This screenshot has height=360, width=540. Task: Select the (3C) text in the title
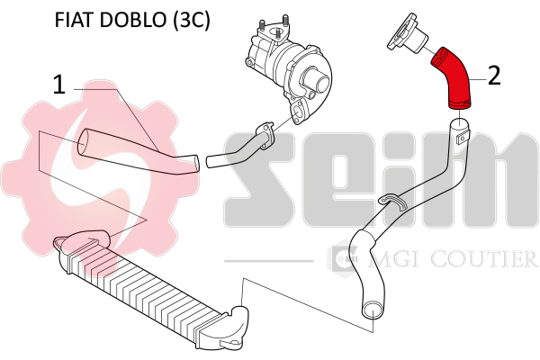(191, 21)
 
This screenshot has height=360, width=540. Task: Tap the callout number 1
(58, 85)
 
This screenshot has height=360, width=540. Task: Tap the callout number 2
(494, 76)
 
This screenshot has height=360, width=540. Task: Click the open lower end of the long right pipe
(373, 309)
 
